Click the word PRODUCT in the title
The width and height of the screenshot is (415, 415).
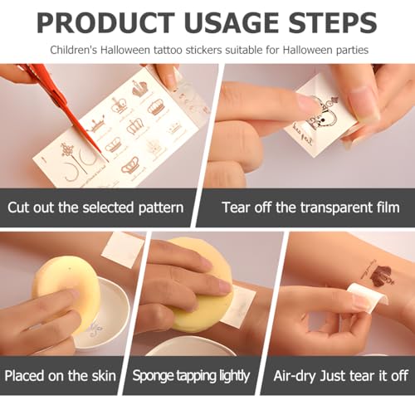(105, 22)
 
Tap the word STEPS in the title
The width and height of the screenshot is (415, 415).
(333, 22)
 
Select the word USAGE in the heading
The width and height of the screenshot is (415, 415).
(232, 22)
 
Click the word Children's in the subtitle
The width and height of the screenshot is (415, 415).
(74, 50)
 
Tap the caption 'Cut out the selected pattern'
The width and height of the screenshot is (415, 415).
(95, 207)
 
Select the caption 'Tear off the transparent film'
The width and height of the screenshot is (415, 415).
(310, 207)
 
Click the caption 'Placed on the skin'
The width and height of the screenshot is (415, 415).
(61, 376)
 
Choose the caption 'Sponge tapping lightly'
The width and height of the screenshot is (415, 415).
(191, 376)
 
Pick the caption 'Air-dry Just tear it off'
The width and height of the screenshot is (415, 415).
(341, 376)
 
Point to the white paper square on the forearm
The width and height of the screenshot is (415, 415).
(123, 250)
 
